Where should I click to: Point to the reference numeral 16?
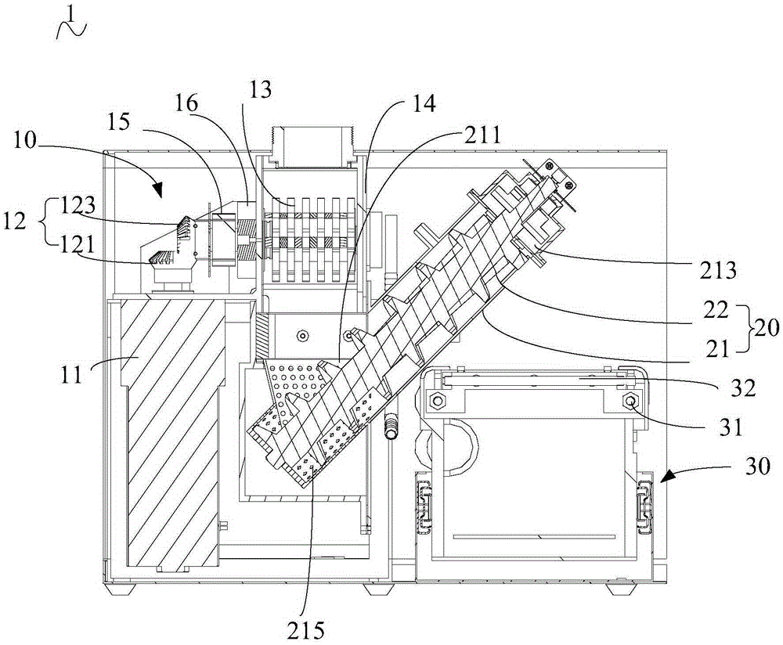pos(187,103)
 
